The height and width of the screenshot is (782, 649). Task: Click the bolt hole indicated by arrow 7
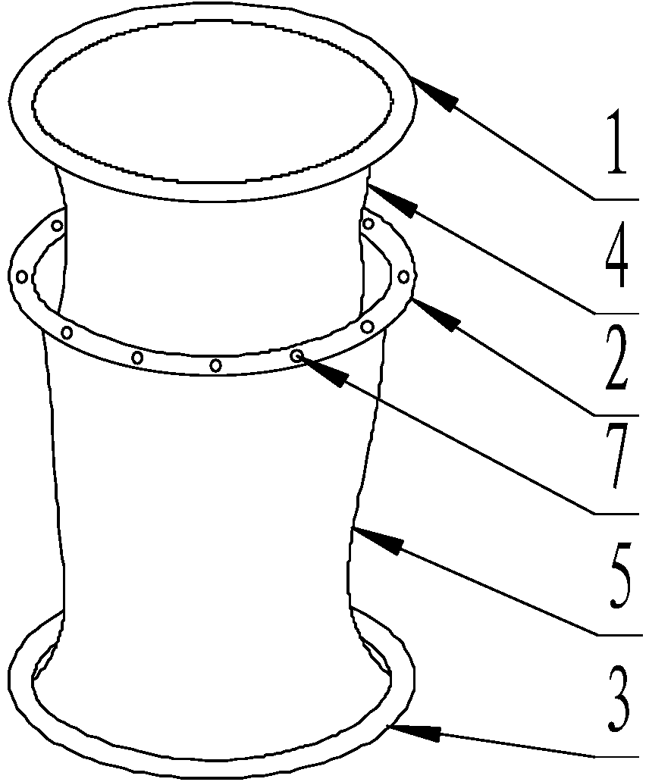click(x=297, y=355)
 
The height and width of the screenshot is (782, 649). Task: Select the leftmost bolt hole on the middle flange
click(x=22, y=276)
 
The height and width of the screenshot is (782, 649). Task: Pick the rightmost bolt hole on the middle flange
click(x=403, y=276)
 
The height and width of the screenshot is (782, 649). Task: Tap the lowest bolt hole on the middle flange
click(x=215, y=365)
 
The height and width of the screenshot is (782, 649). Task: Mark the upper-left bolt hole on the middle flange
click(x=58, y=226)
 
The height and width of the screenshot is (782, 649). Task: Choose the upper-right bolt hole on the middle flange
click(x=368, y=224)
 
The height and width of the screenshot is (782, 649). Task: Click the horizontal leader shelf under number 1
click(x=616, y=199)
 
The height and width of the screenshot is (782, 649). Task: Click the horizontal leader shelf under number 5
click(x=619, y=635)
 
